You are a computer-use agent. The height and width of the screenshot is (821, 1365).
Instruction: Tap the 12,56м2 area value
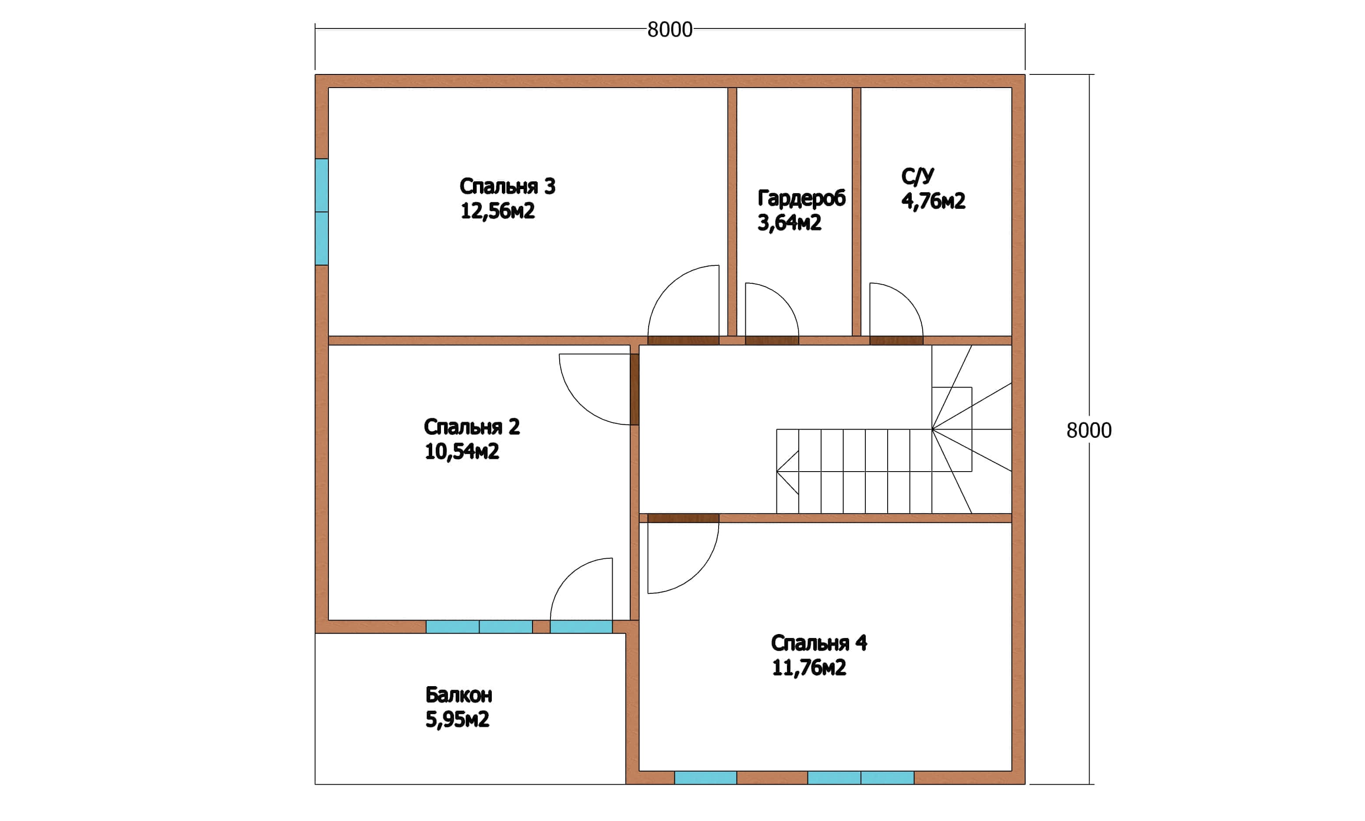pyautogui.click(x=497, y=211)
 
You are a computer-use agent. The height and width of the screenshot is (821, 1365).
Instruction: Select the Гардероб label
pyautogui.click(x=801, y=198)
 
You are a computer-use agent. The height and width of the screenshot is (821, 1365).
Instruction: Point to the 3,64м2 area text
pyautogui.click(x=789, y=222)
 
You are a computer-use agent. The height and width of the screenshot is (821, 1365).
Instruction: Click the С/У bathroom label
pyautogui.click(x=917, y=176)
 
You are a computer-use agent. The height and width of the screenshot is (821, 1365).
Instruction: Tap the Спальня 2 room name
pyautogui.click(x=471, y=427)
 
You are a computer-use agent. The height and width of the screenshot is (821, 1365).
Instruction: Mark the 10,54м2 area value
pyautogui.click(x=462, y=451)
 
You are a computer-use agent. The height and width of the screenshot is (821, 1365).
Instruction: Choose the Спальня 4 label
pyautogui.click(x=819, y=643)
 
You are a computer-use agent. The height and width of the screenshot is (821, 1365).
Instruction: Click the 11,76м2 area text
pyautogui.click(x=809, y=668)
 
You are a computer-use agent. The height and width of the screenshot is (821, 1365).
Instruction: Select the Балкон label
pyautogui.click(x=459, y=695)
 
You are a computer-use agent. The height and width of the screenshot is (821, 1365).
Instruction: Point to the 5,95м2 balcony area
pyautogui.click(x=457, y=719)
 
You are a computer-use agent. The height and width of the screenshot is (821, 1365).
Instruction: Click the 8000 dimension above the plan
pyautogui.click(x=670, y=29)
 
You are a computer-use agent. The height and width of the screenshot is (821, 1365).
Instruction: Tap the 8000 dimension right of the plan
pyautogui.click(x=1089, y=430)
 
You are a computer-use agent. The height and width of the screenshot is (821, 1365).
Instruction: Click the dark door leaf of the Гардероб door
pyautogui.click(x=772, y=340)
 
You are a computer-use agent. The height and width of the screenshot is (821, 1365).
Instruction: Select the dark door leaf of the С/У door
pyautogui.click(x=896, y=340)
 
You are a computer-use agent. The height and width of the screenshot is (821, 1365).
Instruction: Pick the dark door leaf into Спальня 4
pyautogui.click(x=683, y=518)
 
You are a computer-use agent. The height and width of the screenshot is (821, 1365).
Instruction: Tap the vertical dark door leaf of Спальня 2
pyautogui.click(x=635, y=389)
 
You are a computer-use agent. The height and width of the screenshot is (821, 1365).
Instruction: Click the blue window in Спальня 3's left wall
pyautogui.click(x=321, y=212)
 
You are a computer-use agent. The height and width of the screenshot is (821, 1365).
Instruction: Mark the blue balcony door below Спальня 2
pyautogui.click(x=581, y=627)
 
